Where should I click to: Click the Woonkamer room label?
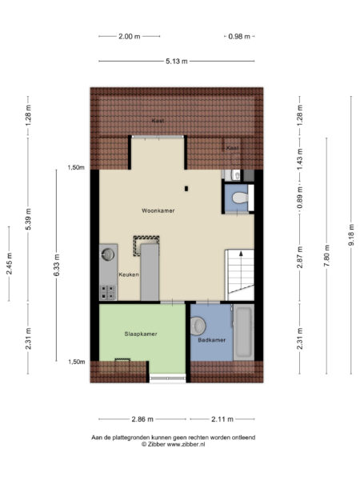(158, 210)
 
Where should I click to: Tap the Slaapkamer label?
(141, 334)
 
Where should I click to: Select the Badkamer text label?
(211, 340)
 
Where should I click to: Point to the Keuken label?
(129, 274)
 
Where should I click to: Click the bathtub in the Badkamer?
(244, 332)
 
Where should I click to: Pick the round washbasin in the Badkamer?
(198, 326)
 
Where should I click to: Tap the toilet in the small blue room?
(240, 198)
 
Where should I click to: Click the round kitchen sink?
(108, 254)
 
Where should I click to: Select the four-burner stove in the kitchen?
(108, 292)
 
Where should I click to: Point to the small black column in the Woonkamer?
(186, 189)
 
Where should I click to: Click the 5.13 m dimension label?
(177, 62)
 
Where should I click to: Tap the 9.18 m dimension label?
(351, 234)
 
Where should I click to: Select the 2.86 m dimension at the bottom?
(142, 419)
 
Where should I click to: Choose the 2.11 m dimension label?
(222, 419)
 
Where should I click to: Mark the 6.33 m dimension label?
(57, 265)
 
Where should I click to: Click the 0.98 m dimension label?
(239, 37)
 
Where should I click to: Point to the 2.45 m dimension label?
(9, 263)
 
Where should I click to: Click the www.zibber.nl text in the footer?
(186, 445)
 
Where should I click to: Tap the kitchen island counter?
(150, 272)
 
